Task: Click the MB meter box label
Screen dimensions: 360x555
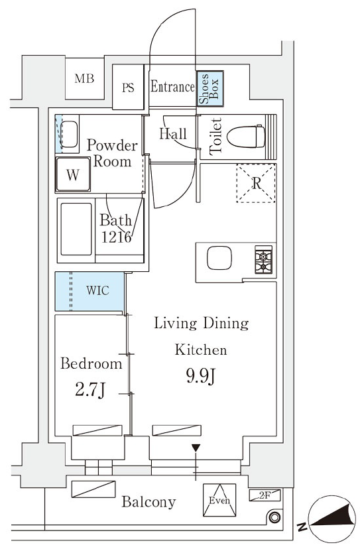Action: (x=84, y=78)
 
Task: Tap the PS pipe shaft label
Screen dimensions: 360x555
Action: (x=128, y=88)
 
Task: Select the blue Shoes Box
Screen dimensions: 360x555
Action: (x=210, y=88)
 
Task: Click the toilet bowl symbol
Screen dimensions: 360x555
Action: (x=246, y=137)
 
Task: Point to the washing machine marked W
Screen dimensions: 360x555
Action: (x=73, y=174)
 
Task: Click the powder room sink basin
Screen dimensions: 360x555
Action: (x=70, y=134)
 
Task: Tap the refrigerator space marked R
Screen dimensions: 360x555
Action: (x=256, y=184)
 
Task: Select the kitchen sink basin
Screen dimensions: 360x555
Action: (x=219, y=258)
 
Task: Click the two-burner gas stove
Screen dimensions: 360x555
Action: (x=264, y=260)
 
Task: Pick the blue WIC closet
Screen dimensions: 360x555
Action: (x=90, y=292)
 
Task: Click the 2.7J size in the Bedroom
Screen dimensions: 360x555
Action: (x=90, y=390)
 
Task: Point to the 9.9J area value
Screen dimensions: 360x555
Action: (x=201, y=376)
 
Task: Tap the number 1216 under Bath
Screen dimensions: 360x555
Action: (x=117, y=237)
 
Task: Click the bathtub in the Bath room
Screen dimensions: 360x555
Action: (x=76, y=229)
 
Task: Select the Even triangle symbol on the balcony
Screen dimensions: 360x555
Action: (x=219, y=500)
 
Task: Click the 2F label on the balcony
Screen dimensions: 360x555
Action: (x=265, y=495)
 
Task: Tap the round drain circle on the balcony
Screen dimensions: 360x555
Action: (x=274, y=517)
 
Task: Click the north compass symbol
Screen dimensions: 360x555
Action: (x=331, y=519)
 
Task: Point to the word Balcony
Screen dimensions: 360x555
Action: (x=149, y=502)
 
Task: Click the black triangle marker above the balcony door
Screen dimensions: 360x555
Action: (x=196, y=448)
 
